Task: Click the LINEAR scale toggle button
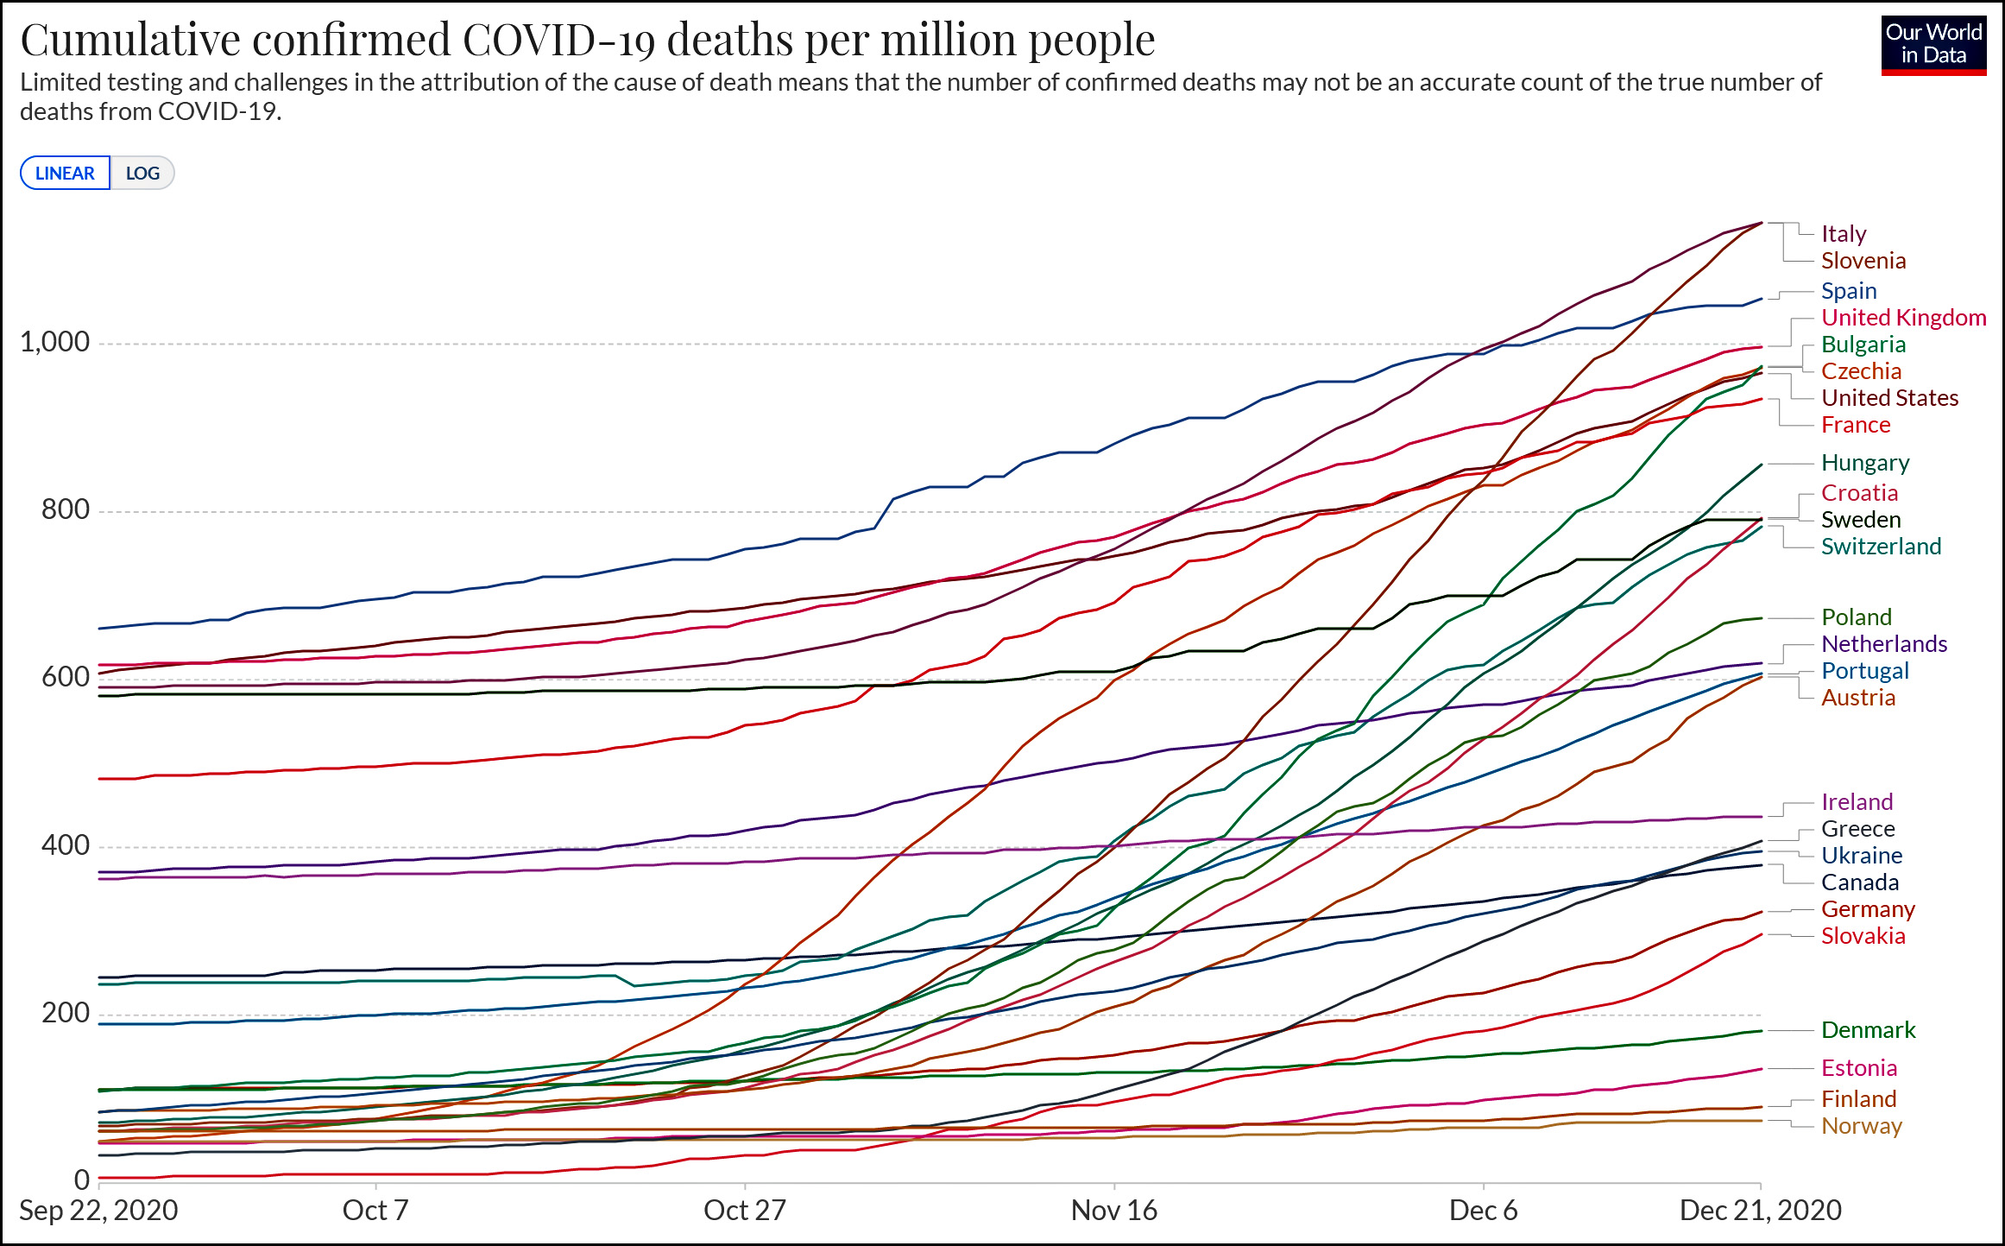point(65,173)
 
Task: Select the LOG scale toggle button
point(142,173)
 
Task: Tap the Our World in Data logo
point(1933,44)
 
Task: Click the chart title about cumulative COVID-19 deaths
point(587,40)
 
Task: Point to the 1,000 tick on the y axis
point(54,342)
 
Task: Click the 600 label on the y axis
point(65,677)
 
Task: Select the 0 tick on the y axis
point(81,1180)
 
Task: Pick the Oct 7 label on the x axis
point(375,1211)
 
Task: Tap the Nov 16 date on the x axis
point(1113,1211)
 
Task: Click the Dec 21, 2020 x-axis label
point(1760,1211)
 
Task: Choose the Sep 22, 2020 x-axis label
point(98,1211)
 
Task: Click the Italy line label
point(1844,234)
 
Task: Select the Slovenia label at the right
point(1863,261)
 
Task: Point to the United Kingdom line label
point(1903,318)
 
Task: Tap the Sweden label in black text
point(1861,520)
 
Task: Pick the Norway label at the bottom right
point(1862,1126)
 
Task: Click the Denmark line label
point(1868,1030)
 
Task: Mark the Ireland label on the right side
point(1857,802)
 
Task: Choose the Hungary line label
point(1865,463)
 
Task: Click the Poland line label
point(1857,617)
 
